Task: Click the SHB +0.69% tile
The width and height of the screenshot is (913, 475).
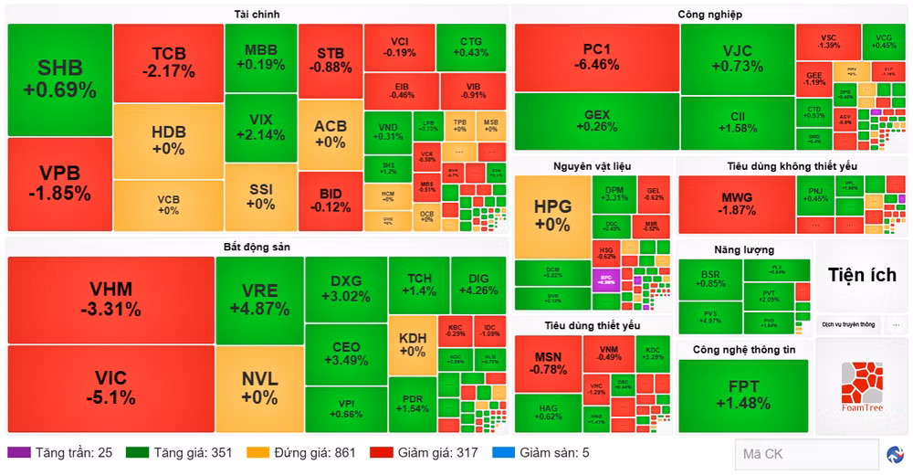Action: click(x=59, y=79)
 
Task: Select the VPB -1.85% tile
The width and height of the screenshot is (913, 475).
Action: click(x=59, y=184)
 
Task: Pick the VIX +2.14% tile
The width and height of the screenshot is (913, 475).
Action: click(x=260, y=126)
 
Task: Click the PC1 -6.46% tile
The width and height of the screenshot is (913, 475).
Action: click(x=596, y=57)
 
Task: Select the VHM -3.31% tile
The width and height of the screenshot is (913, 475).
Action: click(x=110, y=300)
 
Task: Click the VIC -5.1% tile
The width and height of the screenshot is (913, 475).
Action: click(x=110, y=388)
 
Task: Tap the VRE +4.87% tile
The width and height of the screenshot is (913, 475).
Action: click(x=259, y=300)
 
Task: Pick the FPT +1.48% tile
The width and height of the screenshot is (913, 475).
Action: click(x=742, y=395)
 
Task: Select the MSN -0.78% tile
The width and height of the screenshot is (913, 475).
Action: click(x=548, y=362)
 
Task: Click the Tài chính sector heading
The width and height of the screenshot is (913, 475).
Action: click(x=257, y=14)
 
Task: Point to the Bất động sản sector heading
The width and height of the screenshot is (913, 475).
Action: click(x=257, y=247)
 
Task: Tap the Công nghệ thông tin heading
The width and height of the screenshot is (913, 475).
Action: click(x=744, y=349)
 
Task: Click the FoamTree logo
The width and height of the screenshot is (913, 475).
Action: click(x=862, y=385)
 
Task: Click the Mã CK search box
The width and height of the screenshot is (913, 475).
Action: click(x=803, y=454)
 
